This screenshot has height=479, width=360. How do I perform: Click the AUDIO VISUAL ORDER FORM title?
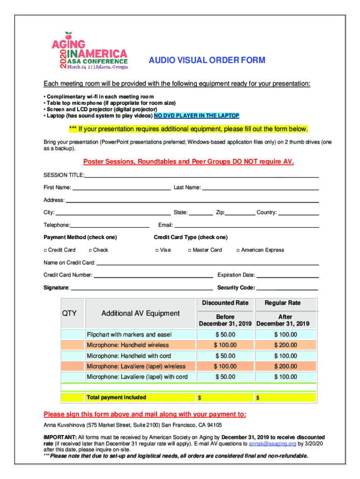(x=207, y=60)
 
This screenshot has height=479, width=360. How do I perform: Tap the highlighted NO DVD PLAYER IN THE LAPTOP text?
(x=196, y=116)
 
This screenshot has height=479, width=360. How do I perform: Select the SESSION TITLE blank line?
(x=201, y=176)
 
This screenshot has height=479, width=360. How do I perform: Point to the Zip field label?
(x=220, y=213)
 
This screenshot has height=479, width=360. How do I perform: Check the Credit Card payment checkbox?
(x=45, y=250)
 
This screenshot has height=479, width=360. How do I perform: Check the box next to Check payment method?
(x=90, y=250)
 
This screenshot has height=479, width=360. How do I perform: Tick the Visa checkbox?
(x=157, y=250)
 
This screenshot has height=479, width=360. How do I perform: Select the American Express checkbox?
(x=238, y=250)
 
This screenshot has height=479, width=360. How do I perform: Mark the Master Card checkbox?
(x=190, y=250)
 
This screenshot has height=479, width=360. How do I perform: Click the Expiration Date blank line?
(x=288, y=276)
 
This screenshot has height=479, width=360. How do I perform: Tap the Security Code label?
(x=236, y=288)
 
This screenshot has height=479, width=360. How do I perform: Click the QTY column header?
(x=70, y=313)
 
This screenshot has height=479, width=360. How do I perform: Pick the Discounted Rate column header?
(x=225, y=303)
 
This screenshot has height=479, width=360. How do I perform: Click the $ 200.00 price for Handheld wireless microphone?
(x=285, y=345)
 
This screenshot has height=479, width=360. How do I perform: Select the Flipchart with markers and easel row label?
(x=129, y=334)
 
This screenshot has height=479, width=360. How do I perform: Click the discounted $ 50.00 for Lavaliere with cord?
(x=225, y=377)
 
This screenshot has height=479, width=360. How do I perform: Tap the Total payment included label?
(x=116, y=398)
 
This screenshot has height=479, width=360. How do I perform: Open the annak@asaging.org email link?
(x=266, y=443)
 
